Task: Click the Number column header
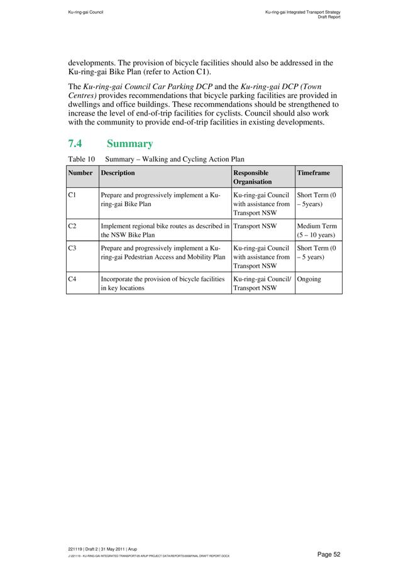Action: pyautogui.click(x=80, y=173)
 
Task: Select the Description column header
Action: pyautogui.click(x=118, y=173)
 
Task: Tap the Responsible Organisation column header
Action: pyautogui.click(x=251, y=177)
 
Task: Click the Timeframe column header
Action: pyautogui.click(x=313, y=173)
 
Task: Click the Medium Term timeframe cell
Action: pyautogui.click(x=317, y=230)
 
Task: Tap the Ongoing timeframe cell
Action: pyautogui.click(x=309, y=279)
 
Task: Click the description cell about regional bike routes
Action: pyautogui.click(x=165, y=230)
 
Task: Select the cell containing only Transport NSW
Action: pyautogui.click(x=255, y=226)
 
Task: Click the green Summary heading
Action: pyautogui.click(x=130, y=144)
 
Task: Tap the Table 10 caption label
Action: pyautogui.click(x=81, y=160)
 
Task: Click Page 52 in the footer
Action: pyautogui.click(x=328, y=554)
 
